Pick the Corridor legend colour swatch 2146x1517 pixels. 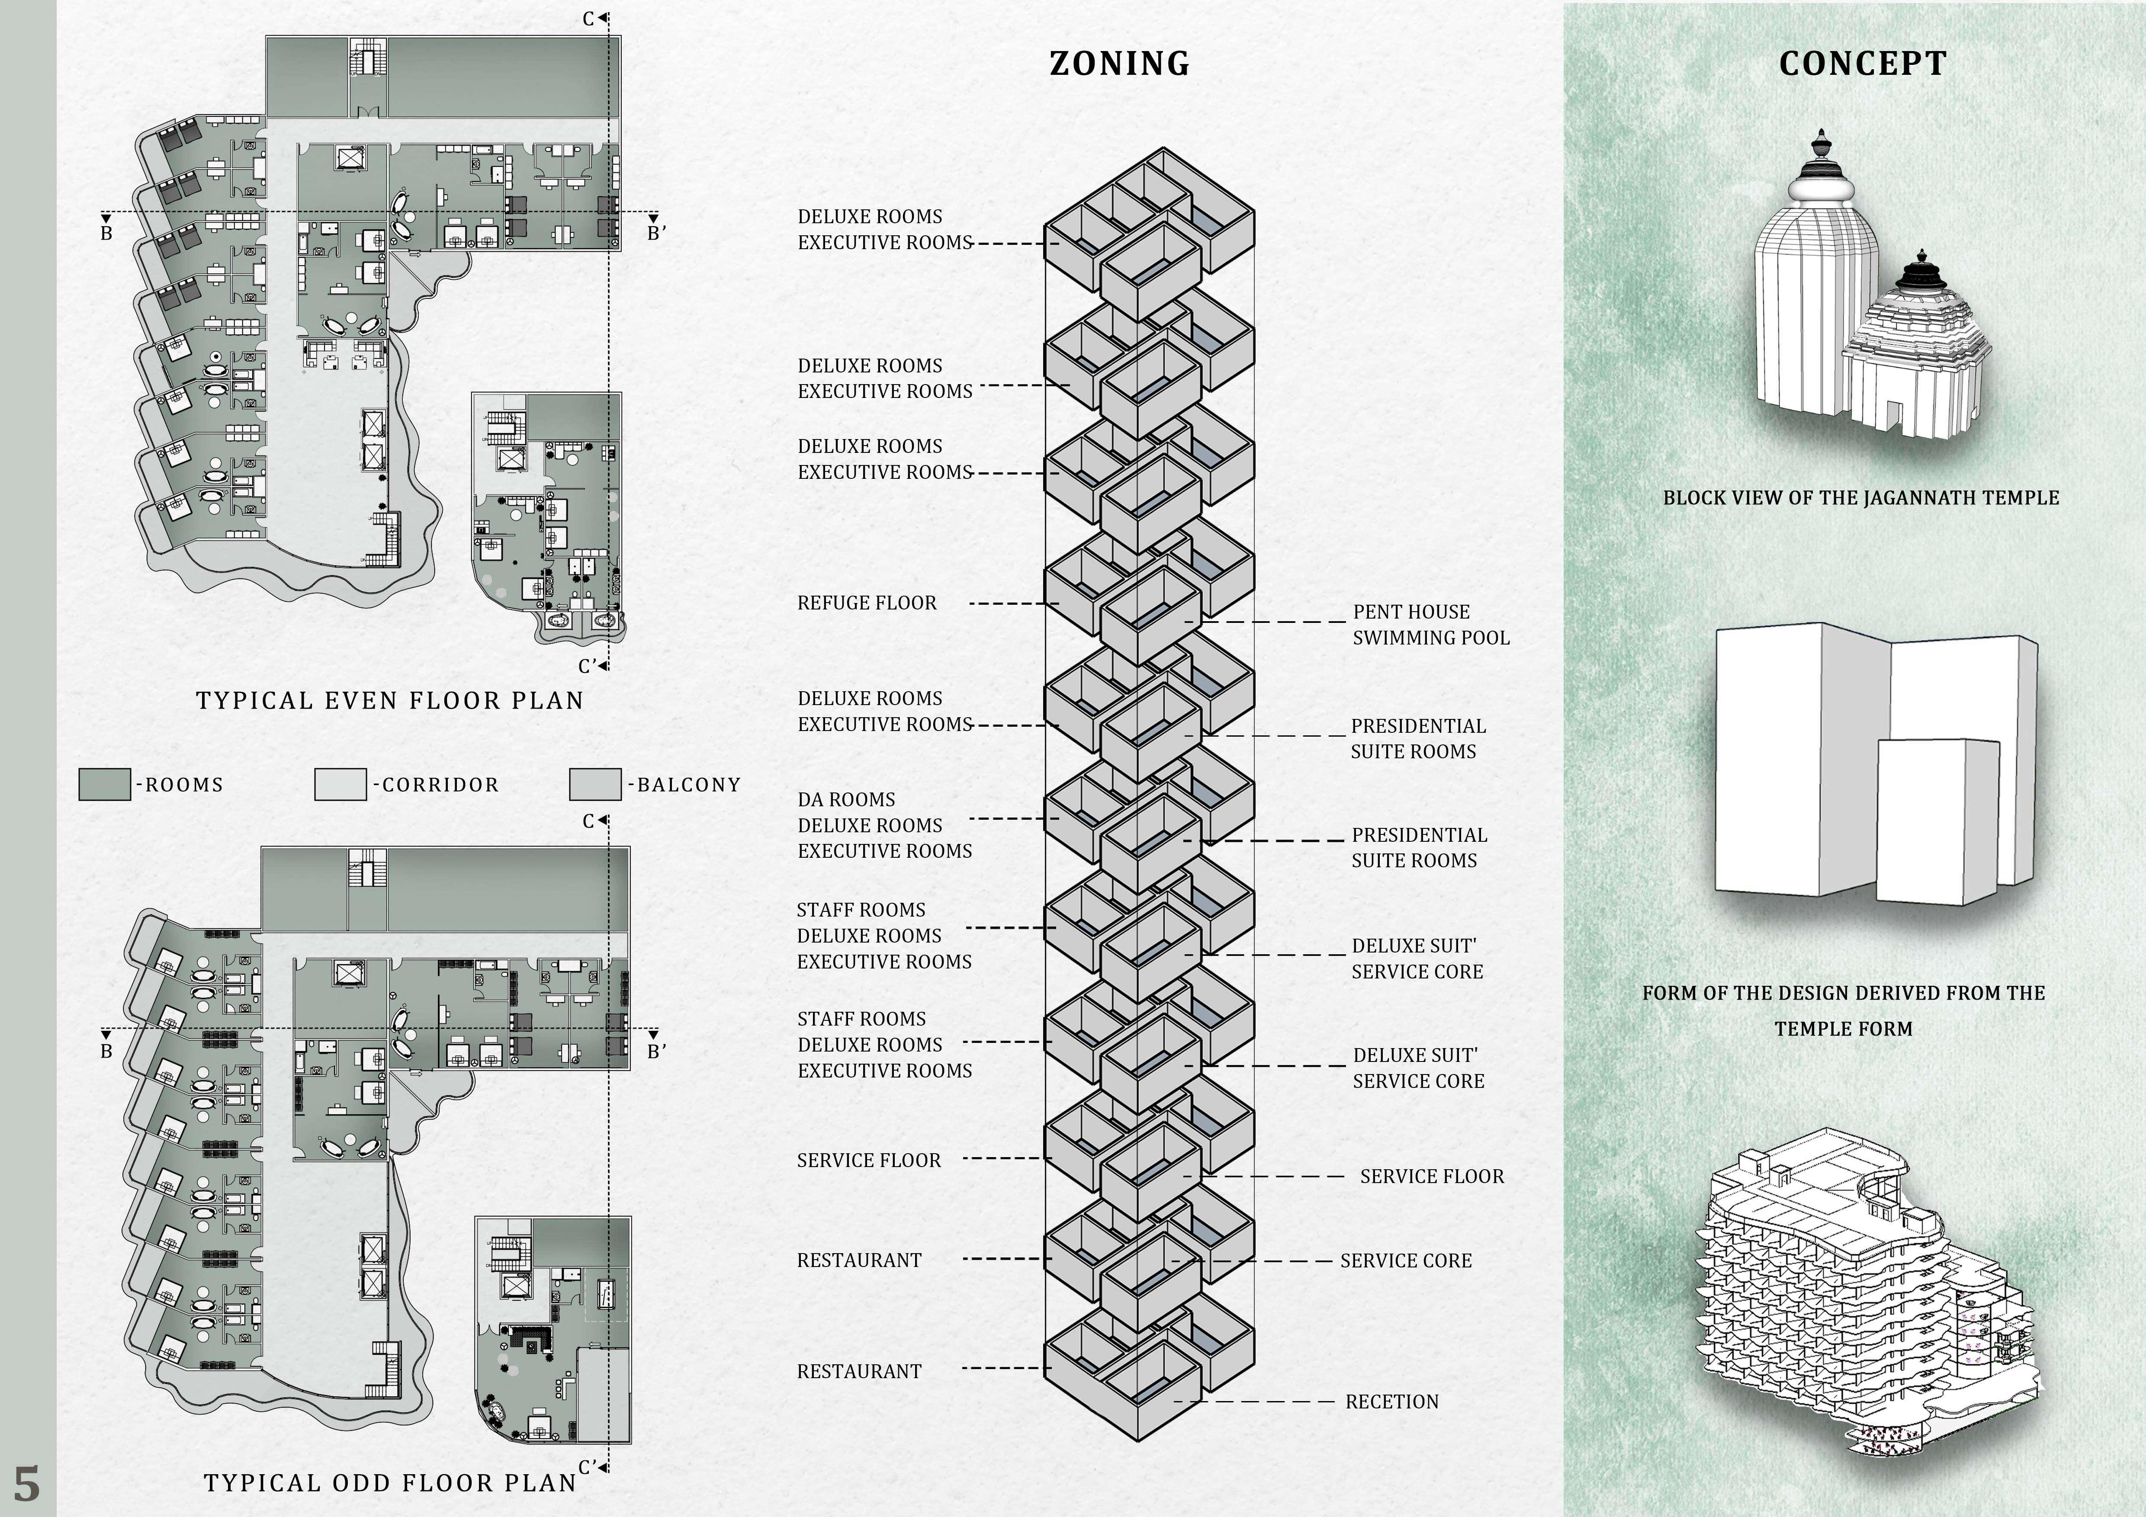tap(340, 784)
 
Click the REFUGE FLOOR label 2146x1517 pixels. tap(867, 603)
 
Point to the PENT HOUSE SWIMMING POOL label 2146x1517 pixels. tap(1430, 624)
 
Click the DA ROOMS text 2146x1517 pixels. tap(846, 799)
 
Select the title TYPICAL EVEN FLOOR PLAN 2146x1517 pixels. tap(390, 700)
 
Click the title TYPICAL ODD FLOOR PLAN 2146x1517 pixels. tap(390, 1482)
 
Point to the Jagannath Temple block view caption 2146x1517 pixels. tap(1860, 497)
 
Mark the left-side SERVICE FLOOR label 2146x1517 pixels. tap(868, 1160)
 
